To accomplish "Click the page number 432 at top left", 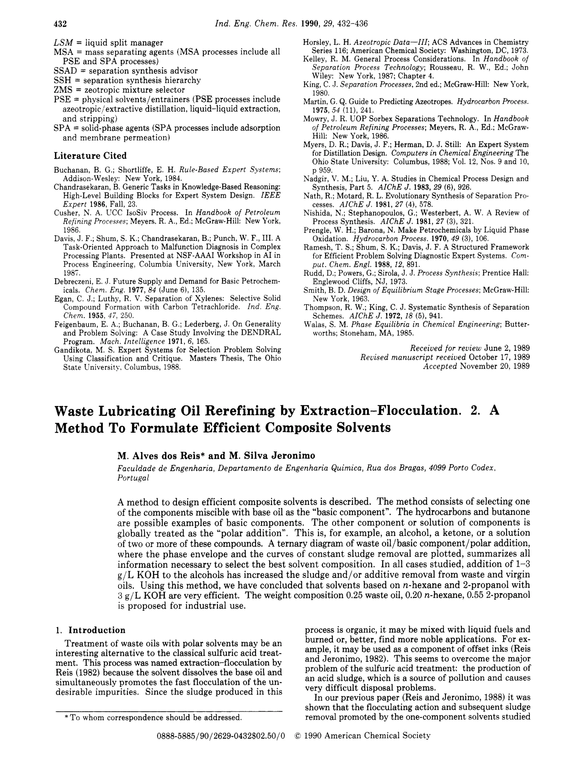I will pos(60,24).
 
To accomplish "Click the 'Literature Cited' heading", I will pos(90,155).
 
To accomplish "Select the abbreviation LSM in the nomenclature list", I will pos(63,43).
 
